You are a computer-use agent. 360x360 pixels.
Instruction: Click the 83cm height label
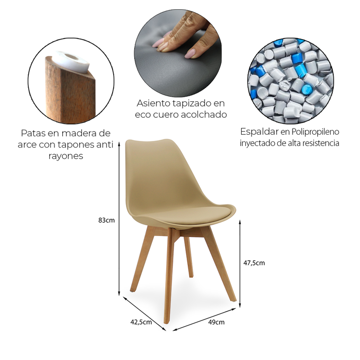click(x=106, y=220)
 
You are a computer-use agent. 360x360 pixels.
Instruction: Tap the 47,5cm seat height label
click(x=254, y=263)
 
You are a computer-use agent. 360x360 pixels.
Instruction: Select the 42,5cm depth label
click(x=141, y=322)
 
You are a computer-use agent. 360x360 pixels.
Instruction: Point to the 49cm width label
click(x=217, y=322)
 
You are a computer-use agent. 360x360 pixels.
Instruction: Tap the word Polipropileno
click(x=315, y=132)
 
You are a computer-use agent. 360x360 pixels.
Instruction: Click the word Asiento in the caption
click(x=153, y=103)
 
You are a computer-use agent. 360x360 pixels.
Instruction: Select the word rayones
click(x=66, y=156)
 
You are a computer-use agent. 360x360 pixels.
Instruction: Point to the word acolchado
click(x=204, y=114)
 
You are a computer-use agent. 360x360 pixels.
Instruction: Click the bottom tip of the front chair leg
click(x=167, y=322)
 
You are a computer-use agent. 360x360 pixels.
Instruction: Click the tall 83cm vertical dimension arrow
click(x=119, y=219)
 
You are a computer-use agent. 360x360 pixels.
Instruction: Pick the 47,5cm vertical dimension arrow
click(x=240, y=263)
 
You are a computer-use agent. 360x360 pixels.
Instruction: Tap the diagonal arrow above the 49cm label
click(x=204, y=319)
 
